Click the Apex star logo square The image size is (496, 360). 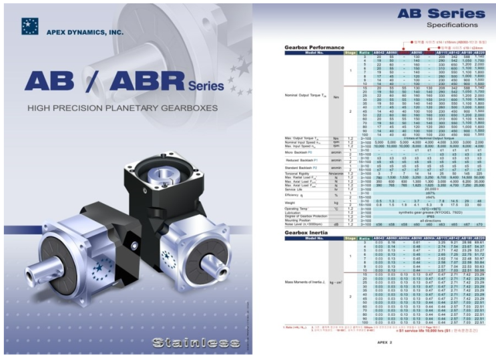tap(30, 26)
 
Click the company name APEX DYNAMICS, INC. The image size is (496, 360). tap(85, 31)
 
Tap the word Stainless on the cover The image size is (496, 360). tap(188, 343)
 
